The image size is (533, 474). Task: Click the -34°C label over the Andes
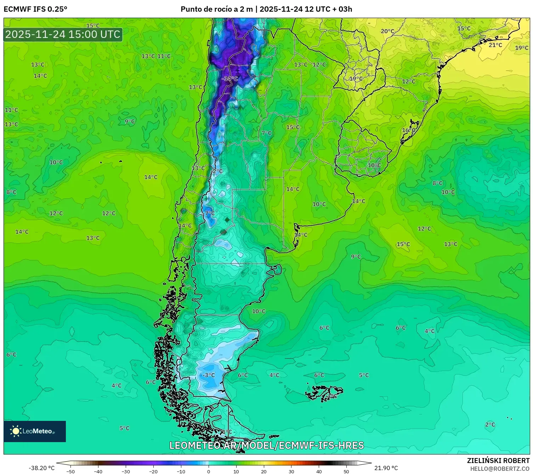[x=229, y=79]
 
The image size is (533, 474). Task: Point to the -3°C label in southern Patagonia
[x=208, y=375]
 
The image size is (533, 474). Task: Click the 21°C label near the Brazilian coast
[x=495, y=45]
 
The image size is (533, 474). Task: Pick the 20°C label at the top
[x=387, y=31]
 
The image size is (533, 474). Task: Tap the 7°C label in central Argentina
[x=266, y=133]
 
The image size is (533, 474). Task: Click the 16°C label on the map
[x=408, y=130]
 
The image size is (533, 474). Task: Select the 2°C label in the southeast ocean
[x=490, y=424]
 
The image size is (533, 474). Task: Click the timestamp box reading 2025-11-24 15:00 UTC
[x=63, y=34]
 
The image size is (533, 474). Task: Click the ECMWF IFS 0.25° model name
[x=35, y=9]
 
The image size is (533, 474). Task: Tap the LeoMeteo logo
[x=35, y=431]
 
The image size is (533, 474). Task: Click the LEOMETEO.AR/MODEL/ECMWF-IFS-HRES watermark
[x=266, y=445]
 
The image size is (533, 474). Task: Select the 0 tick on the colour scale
[x=208, y=471]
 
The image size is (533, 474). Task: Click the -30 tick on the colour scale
[x=126, y=471]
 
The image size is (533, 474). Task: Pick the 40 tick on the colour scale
[x=319, y=471]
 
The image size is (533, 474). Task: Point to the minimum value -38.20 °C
[x=41, y=468]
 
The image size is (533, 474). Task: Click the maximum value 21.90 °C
[x=386, y=468]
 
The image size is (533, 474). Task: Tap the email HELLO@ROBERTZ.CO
[x=499, y=469]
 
